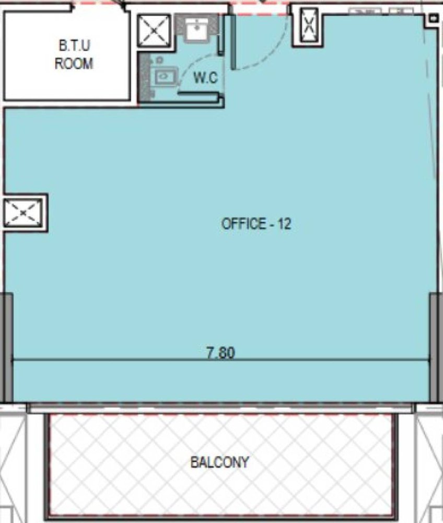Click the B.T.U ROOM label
[x=74, y=54]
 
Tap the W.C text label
[x=205, y=78]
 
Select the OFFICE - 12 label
[x=256, y=223]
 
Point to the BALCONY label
[x=219, y=462]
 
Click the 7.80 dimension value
[x=221, y=353]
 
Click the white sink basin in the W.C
[x=196, y=29]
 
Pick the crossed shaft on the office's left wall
[x=23, y=212]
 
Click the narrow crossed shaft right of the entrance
[x=309, y=25]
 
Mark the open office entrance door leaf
[x=233, y=42]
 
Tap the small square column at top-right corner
[x=433, y=18]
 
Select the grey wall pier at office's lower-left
[x=8, y=347]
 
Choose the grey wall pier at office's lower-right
[x=434, y=347]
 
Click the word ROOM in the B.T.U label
[x=74, y=64]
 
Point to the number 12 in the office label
[x=285, y=223]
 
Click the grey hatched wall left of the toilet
[x=144, y=77]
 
